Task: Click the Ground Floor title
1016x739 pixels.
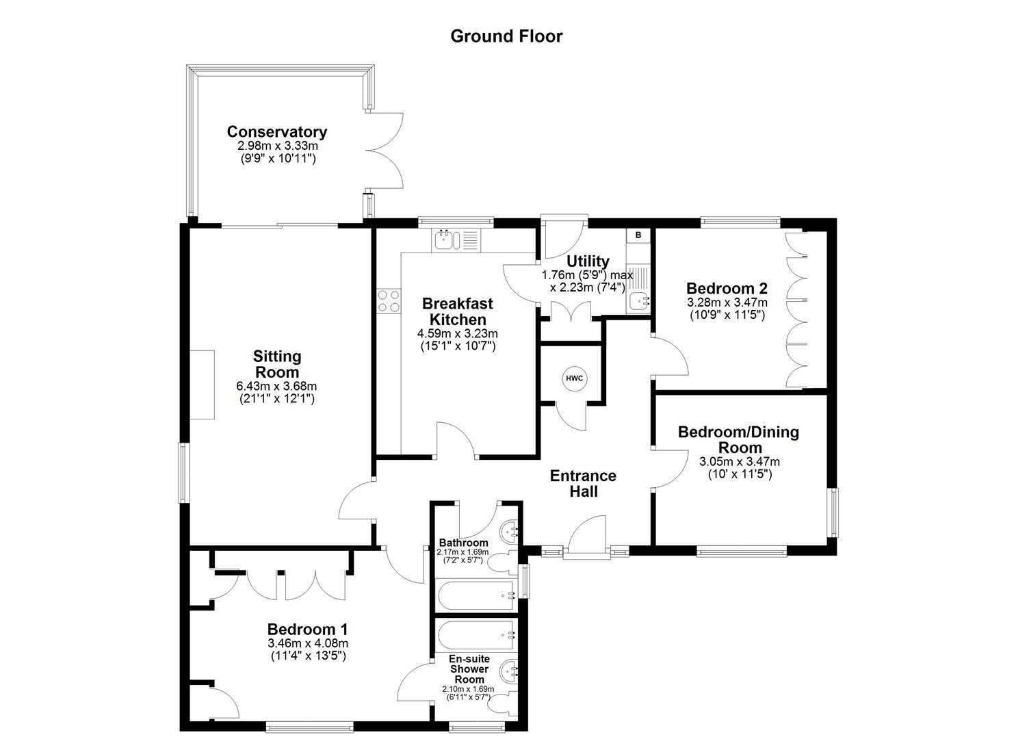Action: tap(506, 36)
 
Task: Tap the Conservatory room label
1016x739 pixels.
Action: tap(277, 131)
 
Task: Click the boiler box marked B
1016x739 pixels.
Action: tap(638, 235)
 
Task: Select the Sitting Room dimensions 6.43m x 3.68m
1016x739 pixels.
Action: tap(277, 386)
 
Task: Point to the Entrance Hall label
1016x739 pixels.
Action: tap(583, 483)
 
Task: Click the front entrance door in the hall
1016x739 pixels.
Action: tap(586, 541)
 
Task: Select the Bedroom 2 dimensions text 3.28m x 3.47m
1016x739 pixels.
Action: tap(727, 302)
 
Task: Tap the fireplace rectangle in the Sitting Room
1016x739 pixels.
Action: tap(203, 385)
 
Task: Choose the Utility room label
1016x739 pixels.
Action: tap(588, 261)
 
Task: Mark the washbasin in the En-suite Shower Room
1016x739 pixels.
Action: tap(510, 669)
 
